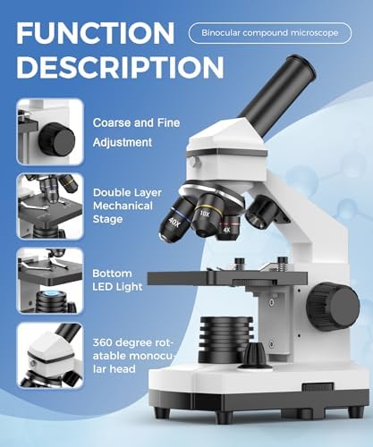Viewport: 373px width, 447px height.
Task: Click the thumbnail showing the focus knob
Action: tap(50, 131)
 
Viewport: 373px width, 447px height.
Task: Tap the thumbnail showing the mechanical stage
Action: tap(50, 205)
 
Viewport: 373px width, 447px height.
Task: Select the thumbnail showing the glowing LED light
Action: tap(50, 280)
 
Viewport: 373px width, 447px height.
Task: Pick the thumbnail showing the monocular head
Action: tap(50, 355)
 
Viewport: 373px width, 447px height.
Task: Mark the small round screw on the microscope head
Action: tap(192, 162)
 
